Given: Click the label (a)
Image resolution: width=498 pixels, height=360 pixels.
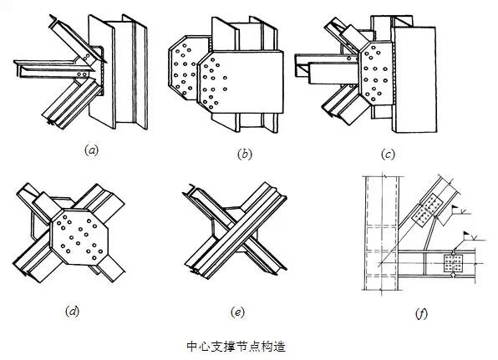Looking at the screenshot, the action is (91, 150).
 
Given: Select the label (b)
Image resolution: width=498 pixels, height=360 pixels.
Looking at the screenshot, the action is (245, 155).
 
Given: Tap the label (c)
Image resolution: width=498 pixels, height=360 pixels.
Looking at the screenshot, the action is (388, 155).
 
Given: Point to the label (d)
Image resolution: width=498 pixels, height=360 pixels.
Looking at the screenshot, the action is (73, 311).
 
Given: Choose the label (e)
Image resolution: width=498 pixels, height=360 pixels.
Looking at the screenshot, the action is (237, 312).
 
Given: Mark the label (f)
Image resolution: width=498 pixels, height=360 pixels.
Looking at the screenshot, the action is (421, 313).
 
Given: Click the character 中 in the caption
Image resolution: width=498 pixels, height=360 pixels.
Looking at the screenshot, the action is (192, 347).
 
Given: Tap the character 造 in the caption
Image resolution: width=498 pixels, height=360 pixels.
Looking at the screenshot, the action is (280, 347).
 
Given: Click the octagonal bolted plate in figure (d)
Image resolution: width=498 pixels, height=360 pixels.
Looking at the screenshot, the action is (79, 237).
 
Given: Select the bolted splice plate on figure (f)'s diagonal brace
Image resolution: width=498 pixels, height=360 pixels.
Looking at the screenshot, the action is (427, 210).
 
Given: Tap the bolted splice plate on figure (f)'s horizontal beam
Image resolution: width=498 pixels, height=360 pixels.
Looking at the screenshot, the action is (453, 263).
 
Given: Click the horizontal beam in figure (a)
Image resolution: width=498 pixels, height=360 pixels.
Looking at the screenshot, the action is (54, 68).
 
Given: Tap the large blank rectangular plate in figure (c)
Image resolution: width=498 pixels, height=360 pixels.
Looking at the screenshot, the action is (414, 79).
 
